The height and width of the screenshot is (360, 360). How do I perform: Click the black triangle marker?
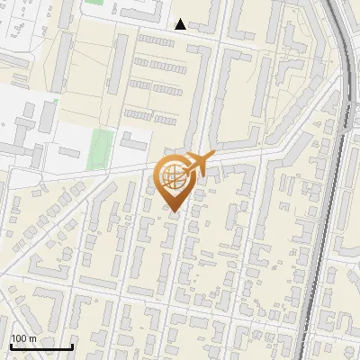click(x=181, y=24)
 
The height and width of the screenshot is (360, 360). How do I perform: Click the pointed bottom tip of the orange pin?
click(x=175, y=211)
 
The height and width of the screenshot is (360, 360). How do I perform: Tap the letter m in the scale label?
click(x=32, y=338)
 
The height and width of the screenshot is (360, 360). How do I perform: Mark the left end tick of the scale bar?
click(x=10, y=346)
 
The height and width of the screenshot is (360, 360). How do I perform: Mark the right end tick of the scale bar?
click(x=72, y=346)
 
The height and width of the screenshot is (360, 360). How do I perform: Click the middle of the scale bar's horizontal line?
click(x=40, y=347)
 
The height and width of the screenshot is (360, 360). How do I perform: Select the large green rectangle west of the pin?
click(x=103, y=142)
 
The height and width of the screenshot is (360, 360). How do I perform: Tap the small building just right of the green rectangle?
click(x=134, y=142)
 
